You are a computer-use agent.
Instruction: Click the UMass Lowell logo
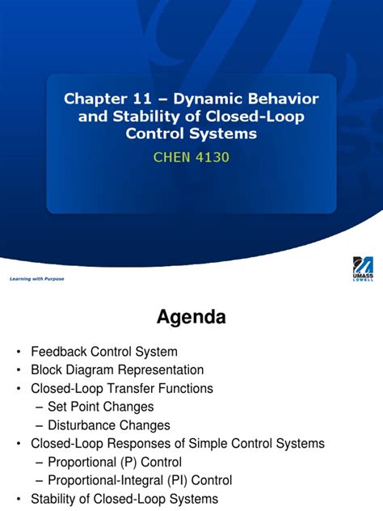(x=363, y=269)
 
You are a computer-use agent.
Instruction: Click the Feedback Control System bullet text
(x=104, y=352)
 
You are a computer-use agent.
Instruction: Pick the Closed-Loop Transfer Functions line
(x=122, y=388)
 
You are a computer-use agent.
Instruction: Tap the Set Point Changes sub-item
(x=100, y=407)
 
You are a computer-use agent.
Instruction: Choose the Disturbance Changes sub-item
(x=109, y=424)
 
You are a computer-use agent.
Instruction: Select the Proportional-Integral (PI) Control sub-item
(x=140, y=480)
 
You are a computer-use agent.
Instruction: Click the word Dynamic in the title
(x=203, y=99)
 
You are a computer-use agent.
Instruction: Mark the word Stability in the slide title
(x=141, y=116)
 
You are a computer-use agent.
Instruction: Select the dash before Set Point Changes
(x=40, y=407)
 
